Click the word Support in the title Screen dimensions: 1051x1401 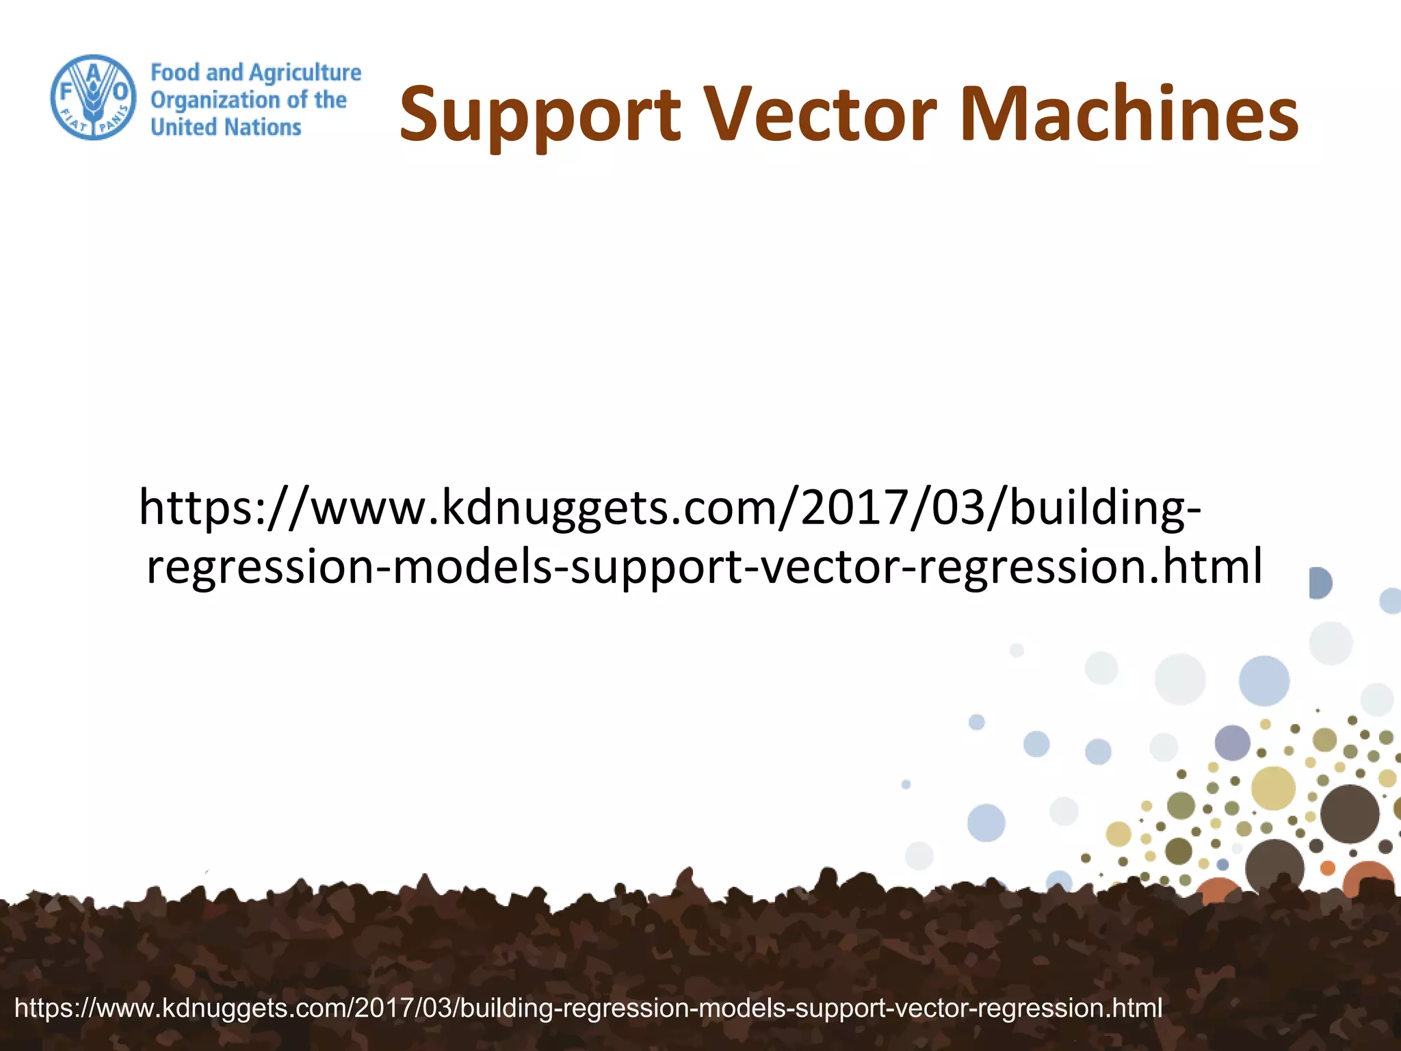(540, 114)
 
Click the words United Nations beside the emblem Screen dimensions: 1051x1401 (226, 127)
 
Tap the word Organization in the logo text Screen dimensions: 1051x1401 (215, 101)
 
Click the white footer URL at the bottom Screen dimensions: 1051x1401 (588, 1007)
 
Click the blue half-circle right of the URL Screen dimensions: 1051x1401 (1320, 583)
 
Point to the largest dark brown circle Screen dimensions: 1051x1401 (1349, 814)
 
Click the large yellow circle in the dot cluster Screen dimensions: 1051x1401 (1273, 788)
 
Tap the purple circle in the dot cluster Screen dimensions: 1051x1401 (1232, 742)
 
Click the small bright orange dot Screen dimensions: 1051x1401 (1328, 868)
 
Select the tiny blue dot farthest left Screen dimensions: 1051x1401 (906, 784)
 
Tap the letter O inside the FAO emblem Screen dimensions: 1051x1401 (120, 91)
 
